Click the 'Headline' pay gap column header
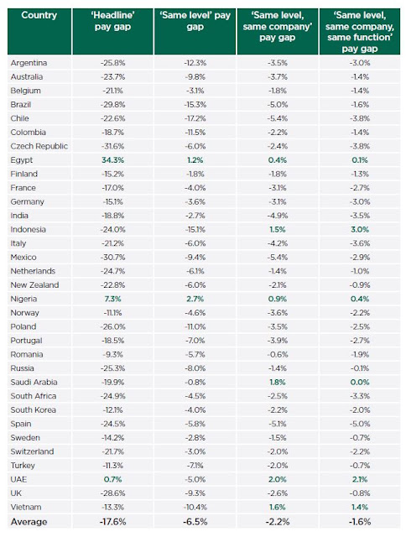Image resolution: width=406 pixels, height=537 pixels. coord(112,21)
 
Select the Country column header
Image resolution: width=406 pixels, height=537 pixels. coord(39,15)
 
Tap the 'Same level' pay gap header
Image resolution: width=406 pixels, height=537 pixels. coord(195,21)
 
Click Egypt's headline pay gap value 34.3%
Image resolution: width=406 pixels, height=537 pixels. coord(112,160)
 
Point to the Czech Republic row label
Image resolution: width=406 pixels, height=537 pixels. coord(39,146)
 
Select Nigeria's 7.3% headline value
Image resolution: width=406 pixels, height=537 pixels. coord(112,299)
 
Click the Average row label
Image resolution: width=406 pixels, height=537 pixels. coord(29,522)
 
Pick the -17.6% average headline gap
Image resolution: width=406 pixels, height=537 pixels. coord(112,522)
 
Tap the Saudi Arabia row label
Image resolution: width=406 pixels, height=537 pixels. coord(34,383)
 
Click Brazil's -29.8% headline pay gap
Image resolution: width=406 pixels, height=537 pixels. coord(112,104)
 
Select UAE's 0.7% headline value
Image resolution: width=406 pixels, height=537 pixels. coord(112,479)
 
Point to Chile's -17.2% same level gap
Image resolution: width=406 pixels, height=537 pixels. coord(195,118)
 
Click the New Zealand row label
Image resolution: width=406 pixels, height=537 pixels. coord(34,285)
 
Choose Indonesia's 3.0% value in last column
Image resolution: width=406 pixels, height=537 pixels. coord(360,229)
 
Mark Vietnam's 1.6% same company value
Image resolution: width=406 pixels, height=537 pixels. coord(278,507)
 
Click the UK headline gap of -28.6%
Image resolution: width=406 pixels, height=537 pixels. coord(112,493)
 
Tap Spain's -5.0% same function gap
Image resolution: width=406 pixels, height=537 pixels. coord(360,424)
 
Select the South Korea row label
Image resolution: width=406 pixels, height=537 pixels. coord(33,410)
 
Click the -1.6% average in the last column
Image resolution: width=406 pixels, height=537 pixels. coord(360,522)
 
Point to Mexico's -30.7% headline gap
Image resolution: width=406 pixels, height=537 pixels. coord(112,258)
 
